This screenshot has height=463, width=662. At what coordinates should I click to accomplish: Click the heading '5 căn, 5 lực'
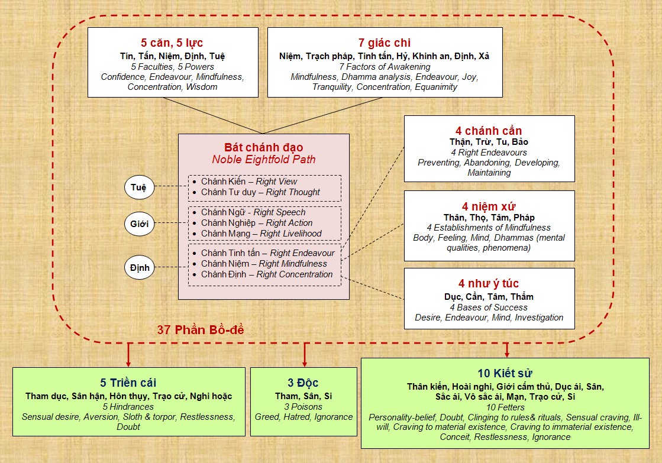pos(172,43)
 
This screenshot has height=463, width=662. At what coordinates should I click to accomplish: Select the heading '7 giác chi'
pos(384,43)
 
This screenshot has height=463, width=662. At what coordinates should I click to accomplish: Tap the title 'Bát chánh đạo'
pos(263,147)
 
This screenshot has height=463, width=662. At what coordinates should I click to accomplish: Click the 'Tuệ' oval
pos(140,187)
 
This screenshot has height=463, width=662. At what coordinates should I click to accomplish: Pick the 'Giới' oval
pos(140,224)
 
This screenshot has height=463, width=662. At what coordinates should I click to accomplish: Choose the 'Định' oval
pos(140,268)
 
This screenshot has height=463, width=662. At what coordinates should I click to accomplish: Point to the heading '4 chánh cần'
pos(489,131)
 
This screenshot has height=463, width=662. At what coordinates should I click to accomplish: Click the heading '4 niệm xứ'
pos(489,206)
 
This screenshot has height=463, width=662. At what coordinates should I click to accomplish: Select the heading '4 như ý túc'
pos(489,283)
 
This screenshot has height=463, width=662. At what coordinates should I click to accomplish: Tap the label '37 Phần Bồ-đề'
pos(201,329)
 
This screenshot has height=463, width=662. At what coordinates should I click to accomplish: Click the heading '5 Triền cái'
pos(128,383)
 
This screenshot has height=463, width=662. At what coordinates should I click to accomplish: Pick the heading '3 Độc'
pos(303,383)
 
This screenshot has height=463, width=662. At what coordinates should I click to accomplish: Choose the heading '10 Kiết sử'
pos(505,373)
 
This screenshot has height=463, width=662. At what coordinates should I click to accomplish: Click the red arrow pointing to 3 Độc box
pos(305,355)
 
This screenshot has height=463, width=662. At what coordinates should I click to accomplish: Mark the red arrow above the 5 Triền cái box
pos(128,355)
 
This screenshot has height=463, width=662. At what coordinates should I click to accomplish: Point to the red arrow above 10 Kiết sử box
pos(506,350)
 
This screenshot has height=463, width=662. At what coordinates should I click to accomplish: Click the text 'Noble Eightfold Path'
pos(263,159)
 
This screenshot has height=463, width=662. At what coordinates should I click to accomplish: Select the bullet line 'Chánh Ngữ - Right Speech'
pos(248,212)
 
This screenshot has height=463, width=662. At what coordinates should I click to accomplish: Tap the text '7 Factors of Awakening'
pos(385,67)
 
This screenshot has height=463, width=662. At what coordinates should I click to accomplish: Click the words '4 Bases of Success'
pos(489,307)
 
